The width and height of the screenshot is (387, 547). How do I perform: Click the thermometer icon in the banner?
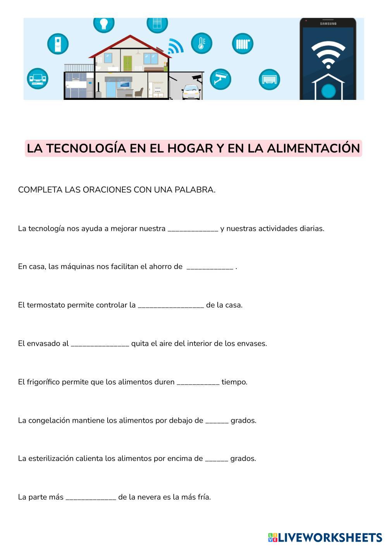tap(201, 43)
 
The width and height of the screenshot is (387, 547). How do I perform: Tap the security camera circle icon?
tap(220, 79)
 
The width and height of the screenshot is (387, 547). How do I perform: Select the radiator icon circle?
tap(243, 43)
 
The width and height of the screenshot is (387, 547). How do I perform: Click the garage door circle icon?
tap(269, 79)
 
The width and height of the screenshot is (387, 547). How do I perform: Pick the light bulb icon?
tap(103, 23)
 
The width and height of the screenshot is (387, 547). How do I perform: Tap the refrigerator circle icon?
tap(58, 43)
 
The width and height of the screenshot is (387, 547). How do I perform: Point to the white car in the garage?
tap(191, 93)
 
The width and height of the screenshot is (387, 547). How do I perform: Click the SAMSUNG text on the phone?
tap(328, 24)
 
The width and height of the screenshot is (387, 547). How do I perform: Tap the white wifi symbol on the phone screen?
tap(328, 54)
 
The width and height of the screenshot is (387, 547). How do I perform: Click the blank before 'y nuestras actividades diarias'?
tap(193, 229)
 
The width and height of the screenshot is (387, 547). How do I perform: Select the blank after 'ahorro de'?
tap(210, 267)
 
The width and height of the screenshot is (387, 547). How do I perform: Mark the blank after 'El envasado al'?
tap(100, 344)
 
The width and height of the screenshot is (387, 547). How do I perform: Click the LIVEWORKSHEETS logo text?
tap(329, 537)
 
